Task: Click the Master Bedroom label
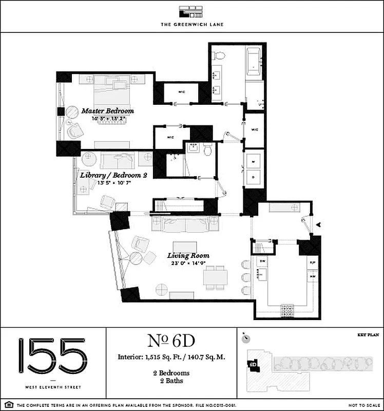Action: pos(107,111)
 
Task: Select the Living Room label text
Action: pos(188,255)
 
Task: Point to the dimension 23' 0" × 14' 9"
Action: pos(188,264)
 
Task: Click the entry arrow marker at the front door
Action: pos(319,224)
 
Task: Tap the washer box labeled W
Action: pos(253,161)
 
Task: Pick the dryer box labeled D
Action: pos(253,176)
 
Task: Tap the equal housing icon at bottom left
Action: pos(8,405)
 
